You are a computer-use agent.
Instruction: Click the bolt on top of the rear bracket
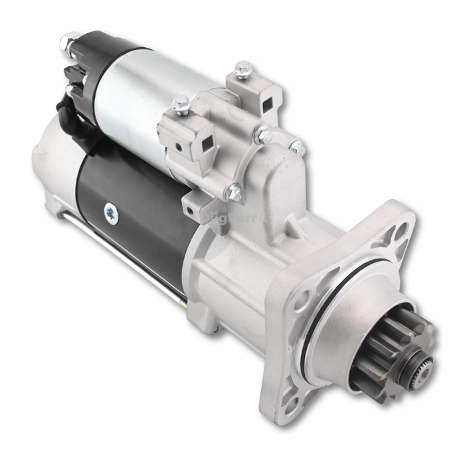tap(243, 68)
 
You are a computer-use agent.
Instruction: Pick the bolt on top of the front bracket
tap(181, 104)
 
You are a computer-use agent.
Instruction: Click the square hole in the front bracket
tap(207, 141)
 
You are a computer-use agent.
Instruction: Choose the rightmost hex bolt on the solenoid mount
tap(297, 147)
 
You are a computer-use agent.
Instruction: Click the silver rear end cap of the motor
tap(53, 166)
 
